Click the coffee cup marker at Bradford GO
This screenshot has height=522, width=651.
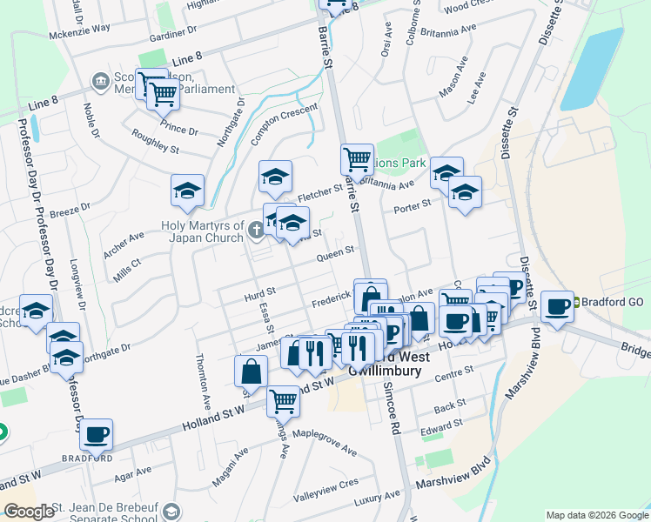coord(557,306)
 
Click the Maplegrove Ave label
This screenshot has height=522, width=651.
coord(325,443)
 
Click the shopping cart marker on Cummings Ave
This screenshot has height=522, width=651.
coord(283,401)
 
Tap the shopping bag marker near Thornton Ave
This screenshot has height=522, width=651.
coord(251,371)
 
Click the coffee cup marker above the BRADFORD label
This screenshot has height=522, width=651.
coord(97,433)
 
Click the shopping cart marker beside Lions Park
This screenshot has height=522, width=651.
coord(356,159)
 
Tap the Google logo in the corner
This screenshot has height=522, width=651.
coord(29,512)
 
